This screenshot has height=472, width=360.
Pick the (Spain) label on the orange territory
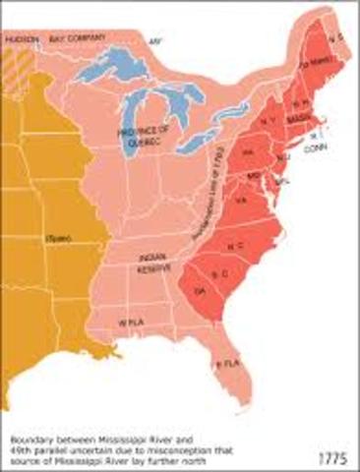(56, 239)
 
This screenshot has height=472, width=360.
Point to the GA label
(201, 293)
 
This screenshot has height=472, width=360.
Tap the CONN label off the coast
(316, 148)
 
